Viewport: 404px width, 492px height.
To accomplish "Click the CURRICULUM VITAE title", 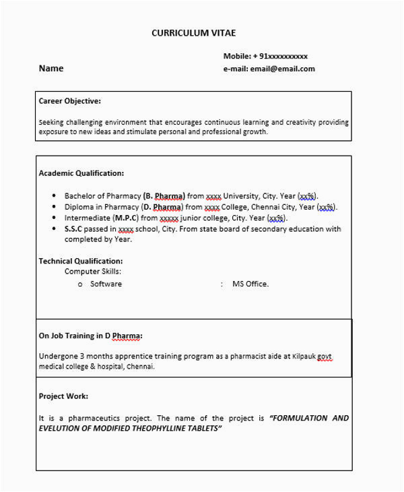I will click(193, 33).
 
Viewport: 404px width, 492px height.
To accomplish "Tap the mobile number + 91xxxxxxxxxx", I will click(265, 56).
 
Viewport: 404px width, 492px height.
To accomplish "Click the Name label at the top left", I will click(51, 68).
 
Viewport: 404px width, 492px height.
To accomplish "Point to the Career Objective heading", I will click(70, 101).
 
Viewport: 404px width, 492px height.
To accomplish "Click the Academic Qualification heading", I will click(81, 173).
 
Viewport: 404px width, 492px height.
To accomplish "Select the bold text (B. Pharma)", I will click(164, 195).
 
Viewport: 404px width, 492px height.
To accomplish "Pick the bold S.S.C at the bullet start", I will click(73, 229).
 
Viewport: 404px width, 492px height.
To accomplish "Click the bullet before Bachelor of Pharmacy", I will click(54, 195).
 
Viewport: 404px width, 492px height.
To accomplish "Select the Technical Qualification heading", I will click(81, 261).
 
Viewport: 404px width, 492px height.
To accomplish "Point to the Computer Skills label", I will click(94, 272).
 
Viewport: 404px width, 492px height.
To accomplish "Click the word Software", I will click(106, 284).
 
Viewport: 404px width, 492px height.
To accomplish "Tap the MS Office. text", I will click(250, 284).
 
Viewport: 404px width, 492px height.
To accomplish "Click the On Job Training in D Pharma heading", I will click(91, 335).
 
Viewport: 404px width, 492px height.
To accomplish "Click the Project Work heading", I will click(63, 396).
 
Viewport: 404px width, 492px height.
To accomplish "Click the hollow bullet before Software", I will click(80, 284).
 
